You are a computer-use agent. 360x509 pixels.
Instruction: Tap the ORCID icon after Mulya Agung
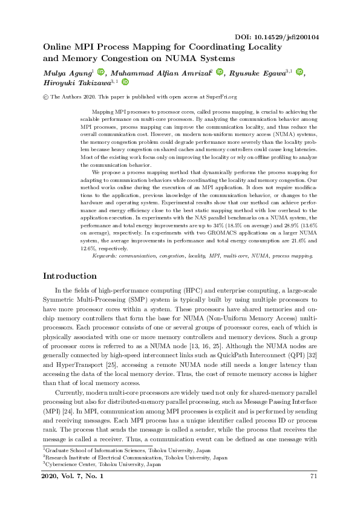coord(100,73)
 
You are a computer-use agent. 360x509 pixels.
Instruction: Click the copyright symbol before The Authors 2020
coord(45,97)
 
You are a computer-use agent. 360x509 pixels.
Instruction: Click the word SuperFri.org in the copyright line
coord(219,97)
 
